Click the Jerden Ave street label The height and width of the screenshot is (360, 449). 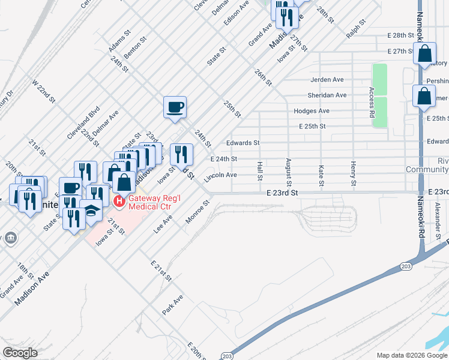pos(327,79)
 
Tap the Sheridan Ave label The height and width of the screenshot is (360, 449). pos(327,95)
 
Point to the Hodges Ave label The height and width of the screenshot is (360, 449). pos(312,111)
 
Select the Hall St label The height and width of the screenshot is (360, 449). pos(260,170)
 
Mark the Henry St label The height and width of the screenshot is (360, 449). pos(354,173)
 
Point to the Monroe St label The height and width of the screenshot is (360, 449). pos(197,213)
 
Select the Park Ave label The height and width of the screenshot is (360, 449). pos(172,305)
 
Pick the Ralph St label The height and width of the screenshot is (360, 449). pos(355,29)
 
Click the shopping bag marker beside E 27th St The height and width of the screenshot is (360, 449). pos(424,54)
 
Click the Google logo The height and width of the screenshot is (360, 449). pos(20,353)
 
